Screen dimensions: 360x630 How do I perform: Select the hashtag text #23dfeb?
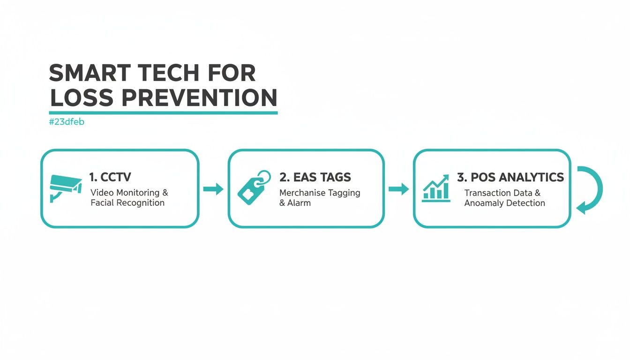pos(66,122)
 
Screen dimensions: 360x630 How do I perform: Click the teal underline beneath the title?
pos(163,112)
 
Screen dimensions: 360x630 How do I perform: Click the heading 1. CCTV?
pos(110,177)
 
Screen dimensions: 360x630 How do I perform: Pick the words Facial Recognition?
pos(127,203)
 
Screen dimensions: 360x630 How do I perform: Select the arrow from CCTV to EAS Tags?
pos(213,189)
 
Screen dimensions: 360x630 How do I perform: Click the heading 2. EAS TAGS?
pos(315,177)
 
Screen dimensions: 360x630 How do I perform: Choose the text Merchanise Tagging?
pos(320,193)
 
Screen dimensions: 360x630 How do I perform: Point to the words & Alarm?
pos(295,203)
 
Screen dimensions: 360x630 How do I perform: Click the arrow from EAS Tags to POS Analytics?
pos(398,189)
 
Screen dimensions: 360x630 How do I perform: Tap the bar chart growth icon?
pos(436,188)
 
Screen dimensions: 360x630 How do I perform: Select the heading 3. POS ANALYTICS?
pos(510,177)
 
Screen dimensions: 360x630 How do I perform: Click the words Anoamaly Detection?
pos(504,203)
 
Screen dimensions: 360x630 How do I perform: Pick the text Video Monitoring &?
pos(129,193)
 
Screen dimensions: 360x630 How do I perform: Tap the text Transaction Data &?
pos(502,193)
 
